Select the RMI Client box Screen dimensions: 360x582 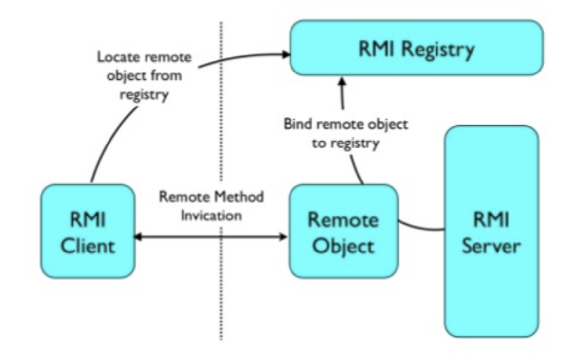click(x=88, y=231)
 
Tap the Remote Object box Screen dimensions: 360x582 click(x=343, y=231)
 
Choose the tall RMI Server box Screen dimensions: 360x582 click(x=491, y=231)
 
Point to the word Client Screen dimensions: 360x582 click(x=88, y=245)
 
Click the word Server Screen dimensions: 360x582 click(x=491, y=245)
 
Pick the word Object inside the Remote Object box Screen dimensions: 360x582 click(x=343, y=245)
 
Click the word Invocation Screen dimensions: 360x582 click(x=211, y=216)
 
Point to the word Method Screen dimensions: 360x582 click(x=240, y=197)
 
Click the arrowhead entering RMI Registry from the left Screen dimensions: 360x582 click(x=285, y=54)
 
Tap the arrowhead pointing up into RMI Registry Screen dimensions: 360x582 click(x=342, y=81)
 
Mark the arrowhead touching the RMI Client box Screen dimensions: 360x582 click(x=139, y=237)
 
